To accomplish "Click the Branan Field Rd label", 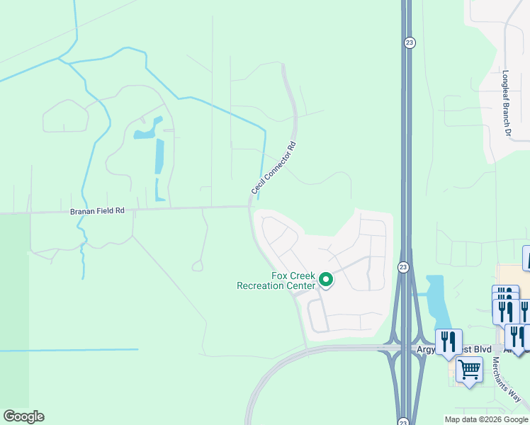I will pyautogui.click(x=97, y=211).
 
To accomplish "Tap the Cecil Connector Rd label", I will pyautogui.click(x=273, y=169).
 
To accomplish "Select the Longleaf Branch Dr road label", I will pyautogui.click(x=507, y=103).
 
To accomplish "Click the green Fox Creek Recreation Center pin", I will pyautogui.click(x=326, y=280).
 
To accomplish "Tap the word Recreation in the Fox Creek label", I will pyautogui.click(x=276, y=285).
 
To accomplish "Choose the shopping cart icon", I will pyautogui.click(x=469, y=369).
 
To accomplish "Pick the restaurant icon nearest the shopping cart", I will pyautogui.click(x=449, y=342).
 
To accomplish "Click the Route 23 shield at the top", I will pyautogui.click(x=410, y=43).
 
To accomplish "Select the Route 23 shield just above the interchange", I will pyautogui.click(x=402, y=267).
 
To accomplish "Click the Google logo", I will pyautogui.click(x=23, y=416).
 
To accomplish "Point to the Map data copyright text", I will pyautogui.click(x=486, y=419).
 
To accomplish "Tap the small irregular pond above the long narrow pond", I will pyautogui.click(x=147, y=130).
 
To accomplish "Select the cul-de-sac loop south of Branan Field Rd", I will pyautogui.click(x=198, y=266).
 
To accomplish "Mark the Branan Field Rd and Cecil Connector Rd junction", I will pyautogui.click(x=250, y=207).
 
